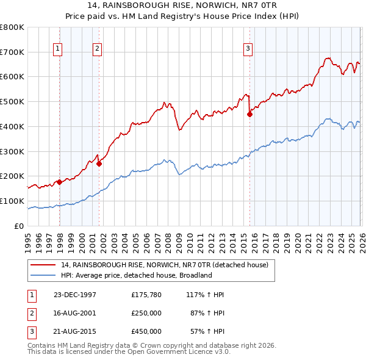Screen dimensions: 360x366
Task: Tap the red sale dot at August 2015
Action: (249, 113)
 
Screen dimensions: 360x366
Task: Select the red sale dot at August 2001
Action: (99, 164)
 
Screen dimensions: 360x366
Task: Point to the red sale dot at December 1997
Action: (59, 182)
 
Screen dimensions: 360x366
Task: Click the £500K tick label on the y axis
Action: (12, 101)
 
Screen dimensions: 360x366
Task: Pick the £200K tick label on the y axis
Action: (12, 176)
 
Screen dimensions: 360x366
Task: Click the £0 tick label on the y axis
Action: (20, 226)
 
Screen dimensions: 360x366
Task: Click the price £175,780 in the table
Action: (146, 295)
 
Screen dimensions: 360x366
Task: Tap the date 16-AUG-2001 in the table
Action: (75, 313)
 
